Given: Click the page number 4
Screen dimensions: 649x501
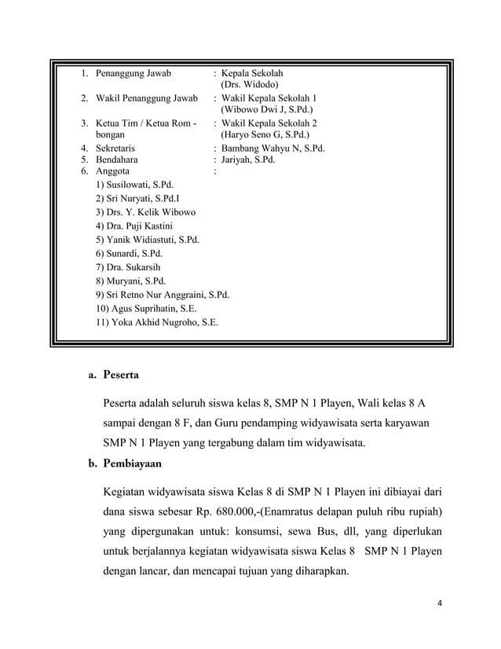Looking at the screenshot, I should pyautogui.click(x=440, y=603).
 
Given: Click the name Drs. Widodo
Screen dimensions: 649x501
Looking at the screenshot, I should pyautogui.click(x=248, y=85).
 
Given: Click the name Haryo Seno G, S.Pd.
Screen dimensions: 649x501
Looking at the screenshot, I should pyautogui.click(x=265, y=135).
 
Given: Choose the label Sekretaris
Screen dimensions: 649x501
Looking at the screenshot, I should pyautogui.click(x=115, y=147).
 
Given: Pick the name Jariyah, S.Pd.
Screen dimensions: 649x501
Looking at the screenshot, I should pyautogui.click(x=248, y=159).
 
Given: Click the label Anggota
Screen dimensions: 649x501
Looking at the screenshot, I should pyautogui.click(x=113, y=170).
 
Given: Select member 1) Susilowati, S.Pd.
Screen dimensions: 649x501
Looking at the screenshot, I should pyautogui.click(x=134, y=185).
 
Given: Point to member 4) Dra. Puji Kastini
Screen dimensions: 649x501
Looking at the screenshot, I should pyautogui.click(x=134, y=226).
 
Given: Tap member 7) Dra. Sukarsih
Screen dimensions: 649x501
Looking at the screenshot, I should pyautogui.click(x=128, y=267).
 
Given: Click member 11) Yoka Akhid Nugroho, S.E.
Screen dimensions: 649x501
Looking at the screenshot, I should pyautogui.click(x=156, y=322).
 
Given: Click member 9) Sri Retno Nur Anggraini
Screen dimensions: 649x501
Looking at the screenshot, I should pyautogui.click(x=162, y=295).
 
